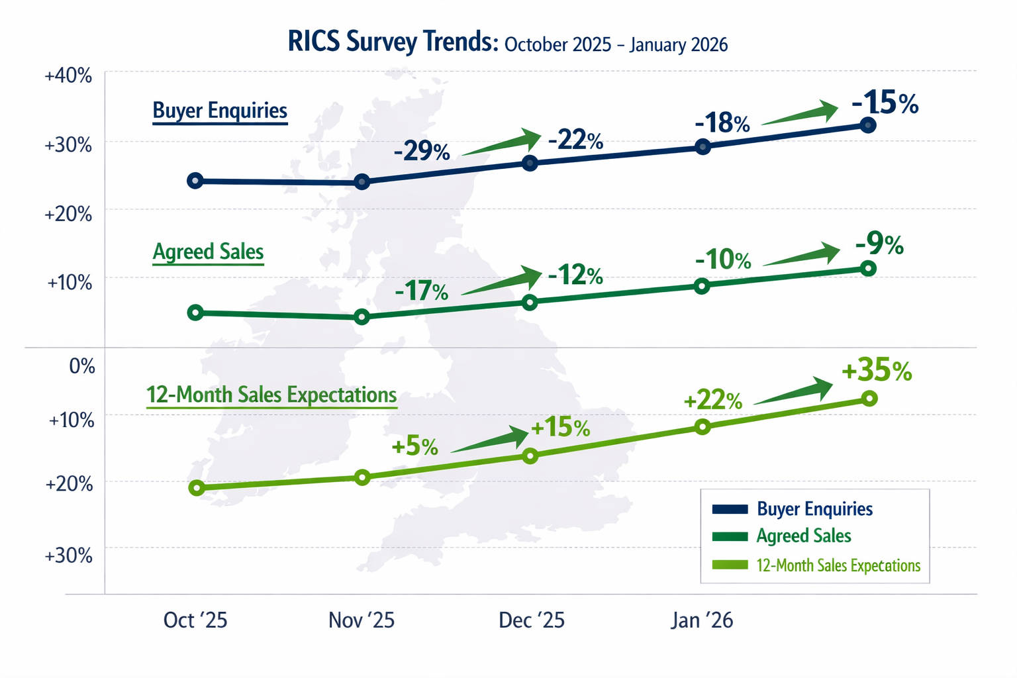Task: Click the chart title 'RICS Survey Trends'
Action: point(393,42)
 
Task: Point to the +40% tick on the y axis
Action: point(68,75)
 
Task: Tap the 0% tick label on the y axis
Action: point(82,365)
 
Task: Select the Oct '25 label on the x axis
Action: point(195,620)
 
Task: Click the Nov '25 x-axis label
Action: point(362,620)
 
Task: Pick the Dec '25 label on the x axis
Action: point(532,620)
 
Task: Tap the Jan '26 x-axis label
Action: point(702,620)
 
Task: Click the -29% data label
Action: point(422,152)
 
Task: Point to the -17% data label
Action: point(422,291)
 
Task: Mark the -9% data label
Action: point(879,244)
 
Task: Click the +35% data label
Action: point(877,371)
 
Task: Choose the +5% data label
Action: point(415,446)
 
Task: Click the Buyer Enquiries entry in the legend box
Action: point(814,509)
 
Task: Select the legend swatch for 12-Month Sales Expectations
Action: point(730,565)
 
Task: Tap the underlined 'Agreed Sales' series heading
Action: point(208,252)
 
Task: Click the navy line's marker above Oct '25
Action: point(195,181)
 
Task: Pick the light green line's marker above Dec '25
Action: point(530,456)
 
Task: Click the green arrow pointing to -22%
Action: point(502,143)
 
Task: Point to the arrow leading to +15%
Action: point(491,440)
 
